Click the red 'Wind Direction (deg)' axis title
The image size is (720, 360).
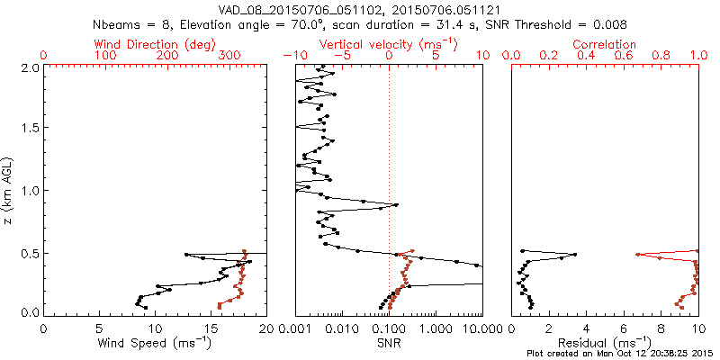[x=154, y=44]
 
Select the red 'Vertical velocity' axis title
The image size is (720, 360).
[x=389, y=44]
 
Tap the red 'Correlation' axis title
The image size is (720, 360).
[x=605, y=44]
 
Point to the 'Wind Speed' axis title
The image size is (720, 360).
[x=154, y=343]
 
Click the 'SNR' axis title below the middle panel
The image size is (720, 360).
[x=389, y=343]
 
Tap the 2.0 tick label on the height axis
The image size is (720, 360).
[x=30, y=67]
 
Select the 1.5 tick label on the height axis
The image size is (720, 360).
[x=30, y=129]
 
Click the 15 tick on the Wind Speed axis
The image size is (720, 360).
[x=211, y=329]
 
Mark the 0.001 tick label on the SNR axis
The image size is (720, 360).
[x=295, y=329]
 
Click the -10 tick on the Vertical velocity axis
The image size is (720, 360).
[x=295, y=56]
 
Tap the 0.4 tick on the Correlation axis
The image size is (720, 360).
[x=587, y=56]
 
